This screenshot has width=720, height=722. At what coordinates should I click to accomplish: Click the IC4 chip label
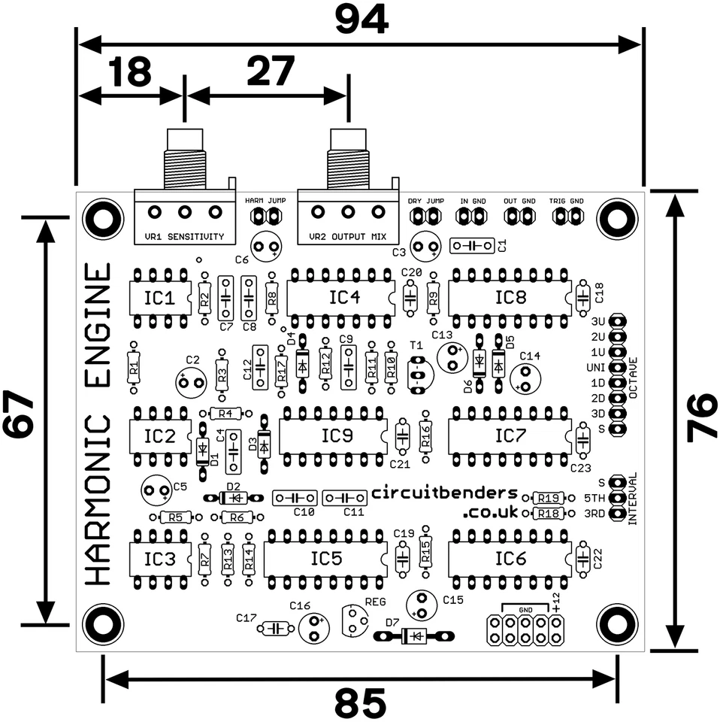coord(343,298)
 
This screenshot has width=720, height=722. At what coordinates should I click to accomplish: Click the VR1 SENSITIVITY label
coord(184,237)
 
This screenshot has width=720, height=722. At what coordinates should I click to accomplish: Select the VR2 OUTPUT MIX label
coord(347,237)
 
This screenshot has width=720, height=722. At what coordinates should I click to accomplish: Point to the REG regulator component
coord(354,621)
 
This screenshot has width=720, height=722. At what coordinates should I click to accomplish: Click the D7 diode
coord(415,636)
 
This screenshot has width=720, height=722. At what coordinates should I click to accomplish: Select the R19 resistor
coord(548,498)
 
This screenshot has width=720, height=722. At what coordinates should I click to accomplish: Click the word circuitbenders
coord(445,493)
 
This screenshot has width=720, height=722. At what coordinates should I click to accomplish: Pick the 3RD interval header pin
coord(617,514)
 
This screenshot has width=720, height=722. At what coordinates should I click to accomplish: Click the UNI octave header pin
coord(617,367)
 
